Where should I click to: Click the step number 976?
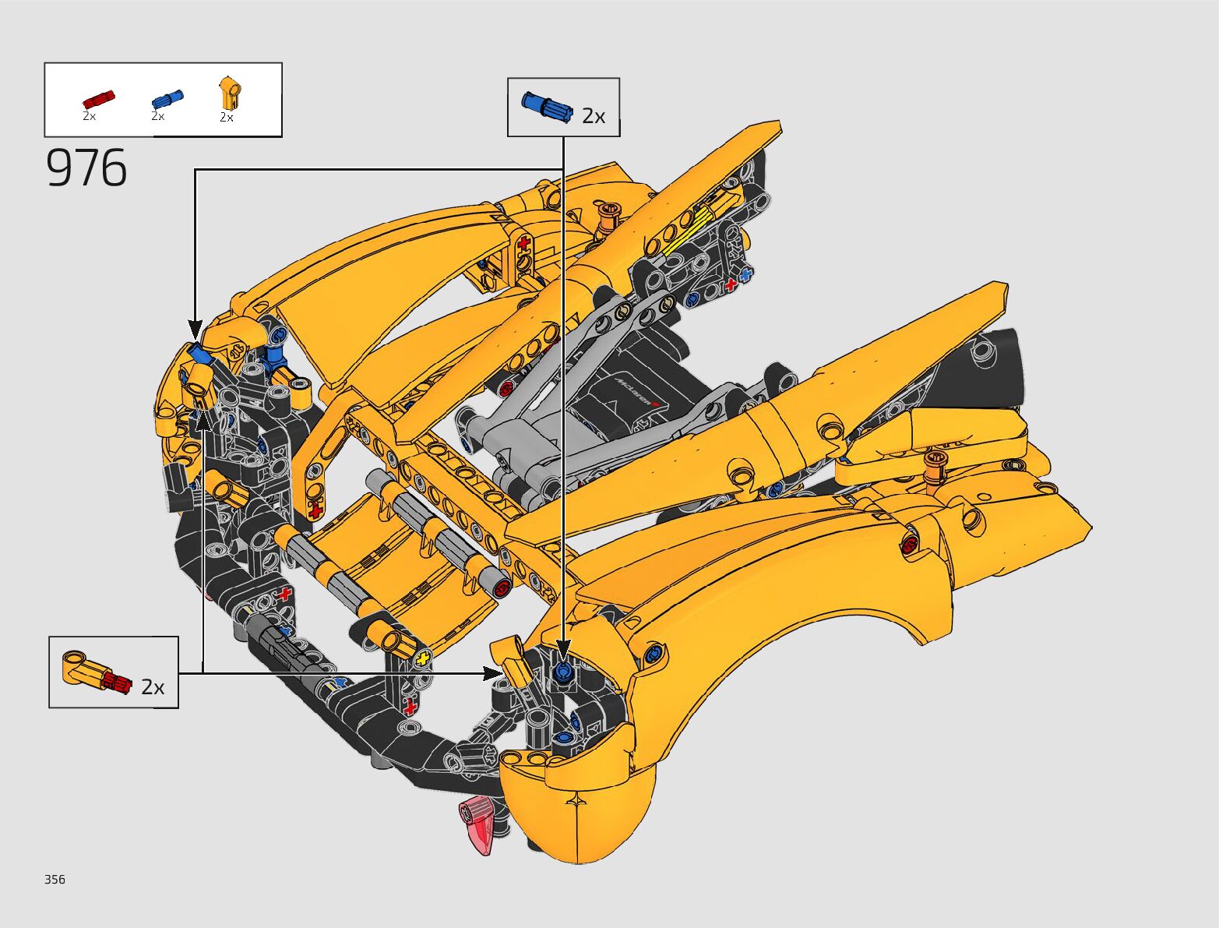tap(86, 168)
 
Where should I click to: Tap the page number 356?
tap(55, 879)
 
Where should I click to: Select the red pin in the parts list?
tap(98, 100)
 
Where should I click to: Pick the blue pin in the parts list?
tap(167, 99)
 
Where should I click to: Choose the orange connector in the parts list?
tap(229, 93)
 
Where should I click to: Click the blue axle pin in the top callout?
tap(547, 107)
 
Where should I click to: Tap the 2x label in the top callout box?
tap(593, 116)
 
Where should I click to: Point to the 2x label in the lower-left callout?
tap(153, 687)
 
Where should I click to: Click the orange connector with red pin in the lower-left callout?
tap(97, 672)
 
